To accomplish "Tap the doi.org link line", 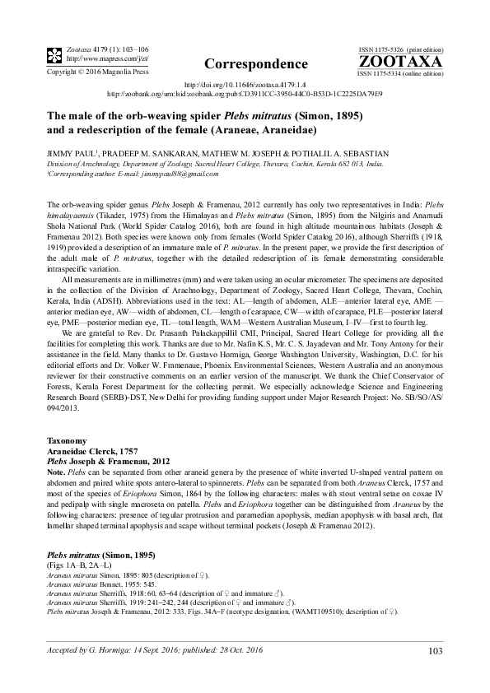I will pos(245,84).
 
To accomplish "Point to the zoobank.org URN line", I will pos(245,94).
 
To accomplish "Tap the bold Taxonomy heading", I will pos(66,442).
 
